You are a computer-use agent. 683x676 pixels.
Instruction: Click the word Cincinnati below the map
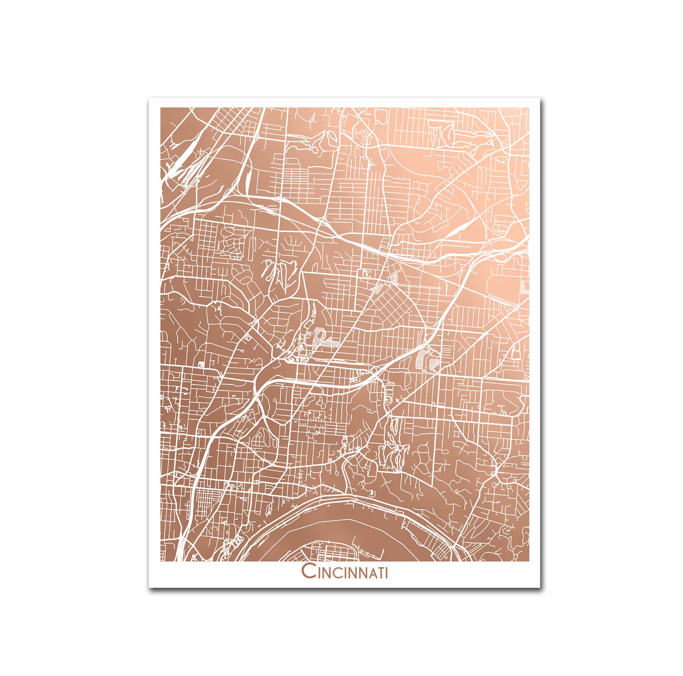click(x=345, y=571)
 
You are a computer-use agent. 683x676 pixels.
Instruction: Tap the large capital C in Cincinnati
click(x=308, y=571)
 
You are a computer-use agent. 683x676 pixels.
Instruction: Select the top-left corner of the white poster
click(x=149, y=98)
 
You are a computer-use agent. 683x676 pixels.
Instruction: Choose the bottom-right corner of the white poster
click(x=540, y=587)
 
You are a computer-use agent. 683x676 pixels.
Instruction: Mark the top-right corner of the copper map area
click(x=529, y=108)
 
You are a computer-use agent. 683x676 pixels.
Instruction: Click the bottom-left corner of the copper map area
click(x=161, y=561)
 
